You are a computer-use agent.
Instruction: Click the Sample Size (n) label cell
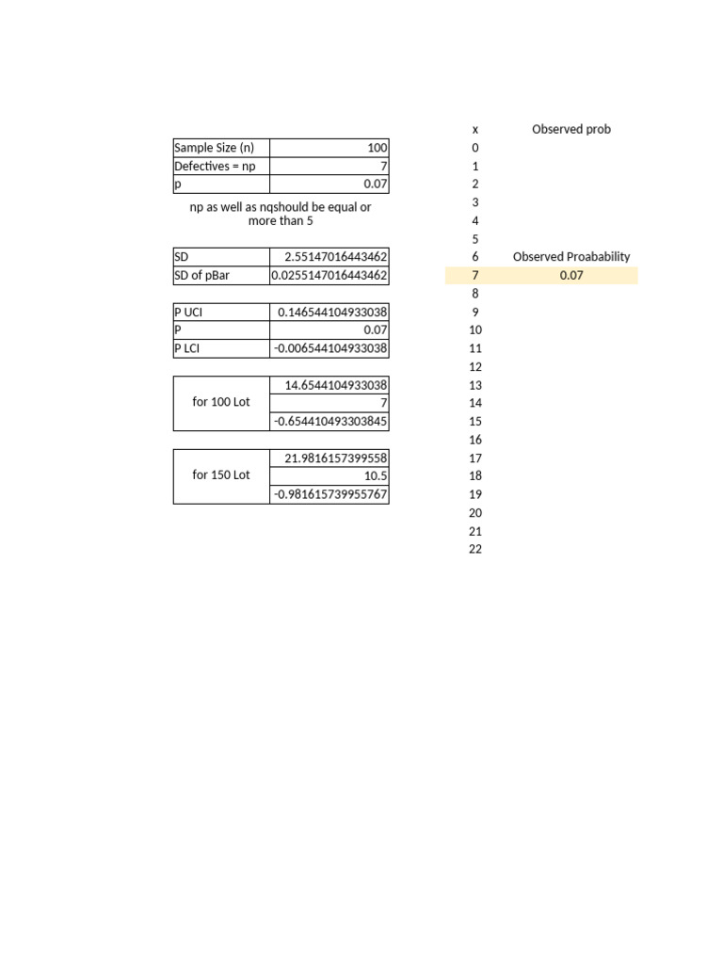pos(215,148)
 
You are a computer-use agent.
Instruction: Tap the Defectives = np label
pos(215,166)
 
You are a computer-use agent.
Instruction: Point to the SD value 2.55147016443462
pos(335,257)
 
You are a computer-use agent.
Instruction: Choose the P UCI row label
pos(189,312)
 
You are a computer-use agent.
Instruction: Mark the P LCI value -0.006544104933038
pos(330,348)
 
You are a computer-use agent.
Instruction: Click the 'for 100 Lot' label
pos(221,402)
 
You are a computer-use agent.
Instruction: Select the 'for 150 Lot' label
pos(221,475)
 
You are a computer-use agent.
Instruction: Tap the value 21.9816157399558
pos(335,458)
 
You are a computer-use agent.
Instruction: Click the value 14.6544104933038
pos(335,385)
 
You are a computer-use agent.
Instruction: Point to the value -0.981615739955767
pos(330,494)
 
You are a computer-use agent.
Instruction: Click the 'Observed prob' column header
pos(571,130)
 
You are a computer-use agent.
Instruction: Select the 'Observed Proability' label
pos(571,257)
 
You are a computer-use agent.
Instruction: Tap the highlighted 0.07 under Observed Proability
pos(571,276)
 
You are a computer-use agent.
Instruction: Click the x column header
pos(475,130)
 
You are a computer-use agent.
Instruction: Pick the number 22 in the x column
pos(475,549)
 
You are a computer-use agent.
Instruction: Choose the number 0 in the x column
pos(475,148)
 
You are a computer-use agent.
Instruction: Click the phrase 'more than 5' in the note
pos(281,221)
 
